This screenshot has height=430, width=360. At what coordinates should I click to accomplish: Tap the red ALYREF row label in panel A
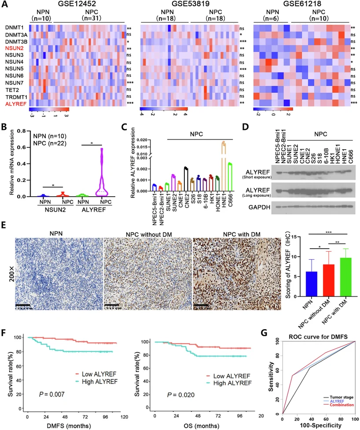tap(15, 103)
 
